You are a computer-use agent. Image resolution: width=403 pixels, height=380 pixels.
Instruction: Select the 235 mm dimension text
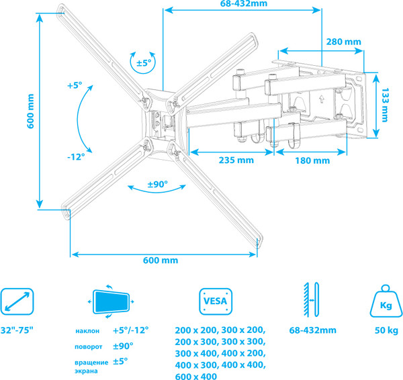coord(236,160)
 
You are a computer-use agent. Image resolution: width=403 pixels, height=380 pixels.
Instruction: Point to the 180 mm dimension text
coord(312,160)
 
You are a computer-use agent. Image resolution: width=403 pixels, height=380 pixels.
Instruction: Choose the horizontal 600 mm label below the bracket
coord(161,260)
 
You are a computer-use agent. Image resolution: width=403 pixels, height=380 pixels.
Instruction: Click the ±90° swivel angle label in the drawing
coord(157,184)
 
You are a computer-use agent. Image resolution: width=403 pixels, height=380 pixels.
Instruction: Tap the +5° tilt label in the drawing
coord(74,85)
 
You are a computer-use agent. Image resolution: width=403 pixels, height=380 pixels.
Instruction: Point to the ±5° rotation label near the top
coord(144,62)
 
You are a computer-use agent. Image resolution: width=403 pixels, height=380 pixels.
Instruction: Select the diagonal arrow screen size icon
coord(17,301)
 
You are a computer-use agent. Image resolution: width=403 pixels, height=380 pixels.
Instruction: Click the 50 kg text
coord(386,331)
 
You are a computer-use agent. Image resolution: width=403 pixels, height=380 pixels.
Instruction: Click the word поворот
coord(89,346)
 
